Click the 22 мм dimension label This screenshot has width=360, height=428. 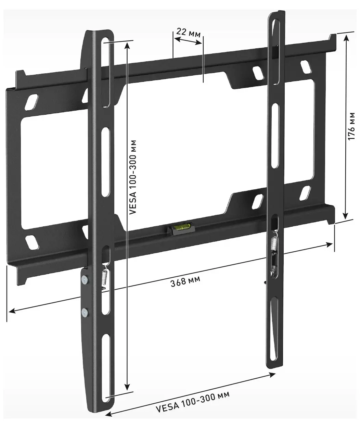189,33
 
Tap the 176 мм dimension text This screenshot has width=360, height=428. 351,126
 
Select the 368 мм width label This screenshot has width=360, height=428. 185,282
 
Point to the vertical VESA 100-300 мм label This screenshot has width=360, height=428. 133,177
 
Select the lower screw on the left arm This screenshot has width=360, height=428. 85,312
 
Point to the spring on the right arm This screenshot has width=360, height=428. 274,244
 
